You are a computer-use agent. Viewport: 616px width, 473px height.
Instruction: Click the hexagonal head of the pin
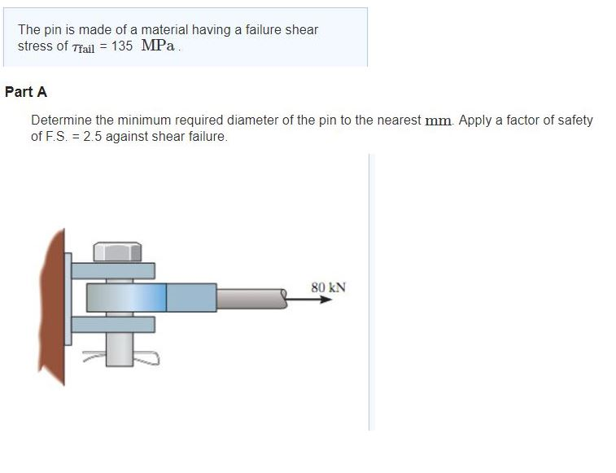(x=118, y=251)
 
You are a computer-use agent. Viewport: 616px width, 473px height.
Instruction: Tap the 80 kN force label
(x=328, y=287)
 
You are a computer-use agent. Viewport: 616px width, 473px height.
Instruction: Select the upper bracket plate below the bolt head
(x=113, y=270)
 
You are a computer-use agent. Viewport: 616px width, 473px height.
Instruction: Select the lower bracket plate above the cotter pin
(x=113, y=324)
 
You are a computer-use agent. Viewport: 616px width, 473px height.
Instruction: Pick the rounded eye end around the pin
(x=126, y=297)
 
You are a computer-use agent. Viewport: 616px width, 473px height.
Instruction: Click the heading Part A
(x=26, y=92)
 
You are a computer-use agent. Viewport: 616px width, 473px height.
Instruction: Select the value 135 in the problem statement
(x=122, y=46)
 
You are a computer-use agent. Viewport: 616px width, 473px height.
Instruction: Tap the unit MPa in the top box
(x=158, y=46)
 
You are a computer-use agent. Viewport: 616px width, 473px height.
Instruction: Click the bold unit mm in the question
(x=439, y=120)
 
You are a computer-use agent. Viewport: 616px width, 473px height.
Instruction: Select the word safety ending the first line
(x=574, y=120)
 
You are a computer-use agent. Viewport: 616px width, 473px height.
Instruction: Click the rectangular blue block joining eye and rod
(x=191, y=297)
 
